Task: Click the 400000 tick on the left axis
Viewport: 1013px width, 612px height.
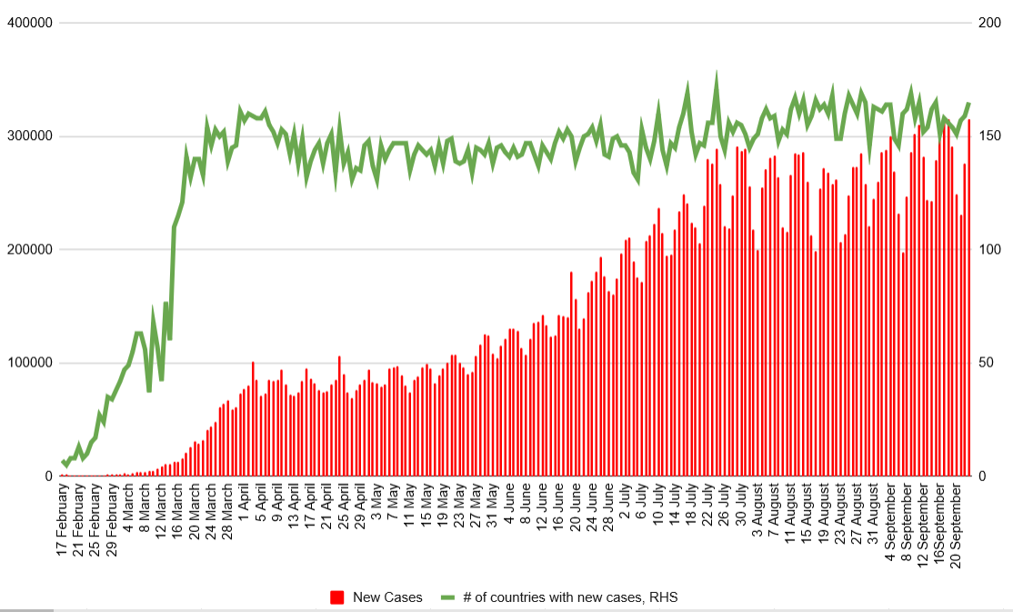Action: click(x=29, y=23)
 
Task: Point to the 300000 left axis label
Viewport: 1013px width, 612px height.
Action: click(x=29, y=136)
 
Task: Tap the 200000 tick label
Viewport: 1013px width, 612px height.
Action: click(x=29, y=249)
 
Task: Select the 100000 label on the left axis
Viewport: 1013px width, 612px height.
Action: click(x=29, y=363)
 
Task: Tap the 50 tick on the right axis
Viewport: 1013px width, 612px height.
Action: click(x=985, y=363)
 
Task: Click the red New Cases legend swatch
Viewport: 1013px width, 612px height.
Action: click(x=337, y=597)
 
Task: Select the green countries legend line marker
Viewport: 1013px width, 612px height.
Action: click(x=446, y=597)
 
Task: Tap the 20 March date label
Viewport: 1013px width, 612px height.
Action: click(x=194, y=516)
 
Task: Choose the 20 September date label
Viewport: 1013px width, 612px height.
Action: click(x=956, y=527)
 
